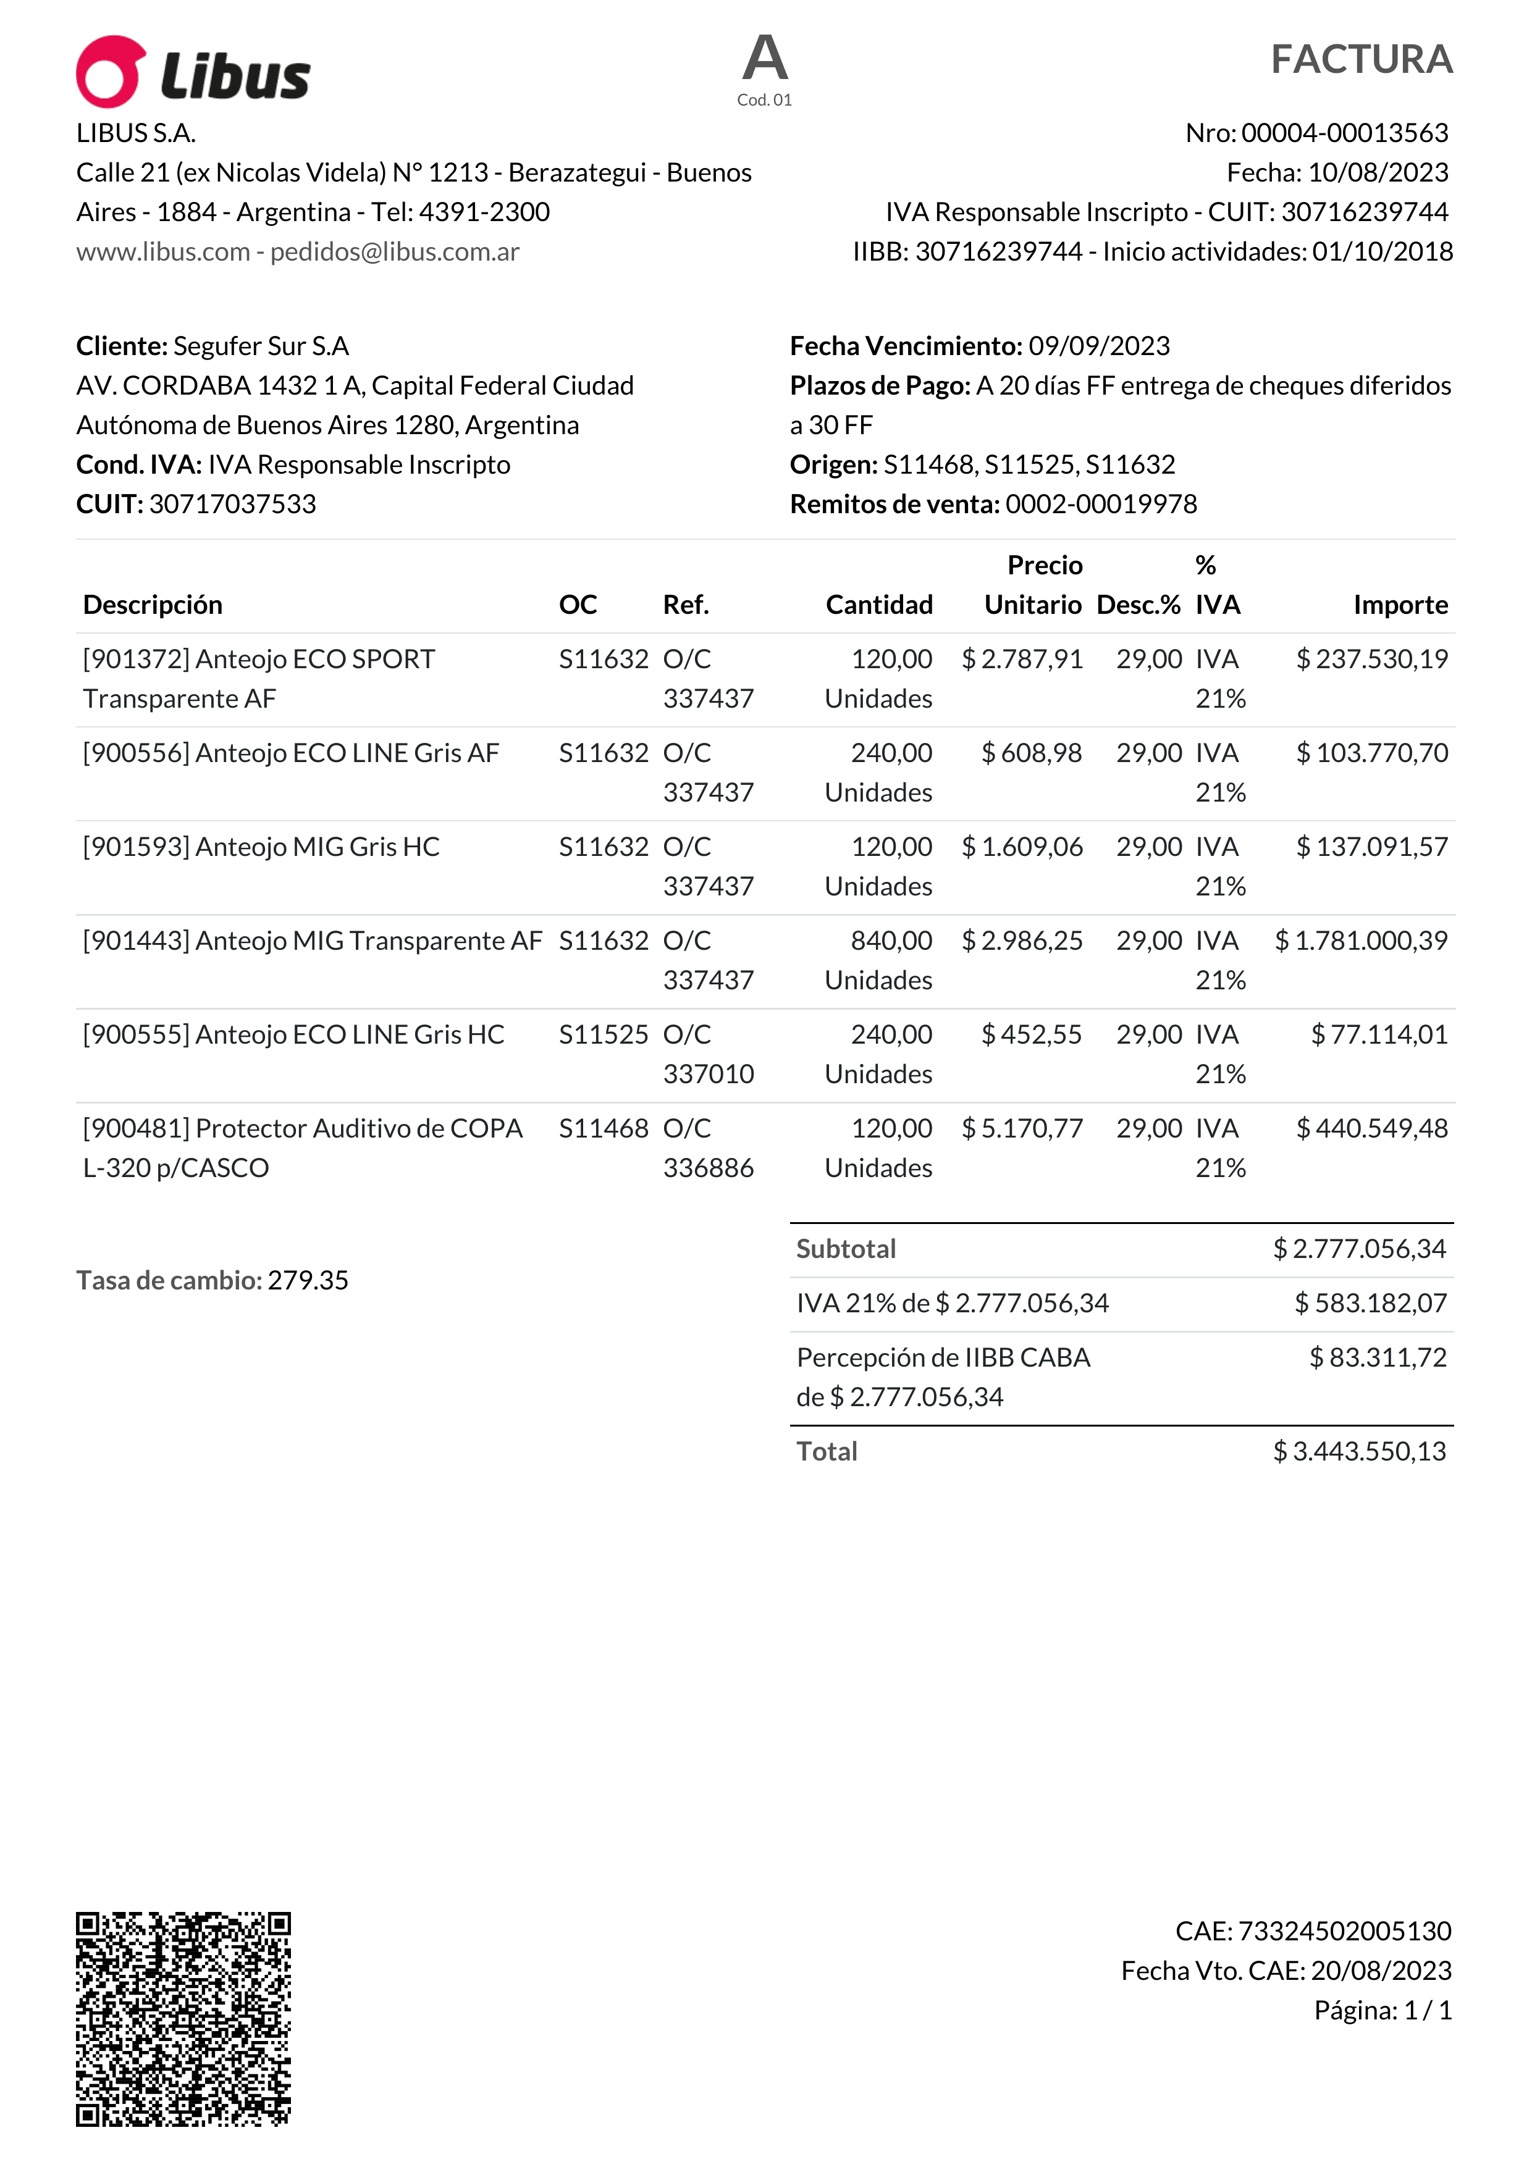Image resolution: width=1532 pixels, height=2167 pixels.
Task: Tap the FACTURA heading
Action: point(1360,59)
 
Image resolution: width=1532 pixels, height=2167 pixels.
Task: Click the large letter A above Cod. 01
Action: point(765,59)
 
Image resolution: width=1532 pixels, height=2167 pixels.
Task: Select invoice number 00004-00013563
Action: point(1344,133)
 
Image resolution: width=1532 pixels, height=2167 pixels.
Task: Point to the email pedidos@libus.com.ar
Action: point(395,252)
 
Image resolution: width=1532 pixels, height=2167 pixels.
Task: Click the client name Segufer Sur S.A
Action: point(261,346)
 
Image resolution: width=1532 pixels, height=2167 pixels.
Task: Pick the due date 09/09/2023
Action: point(1099,346)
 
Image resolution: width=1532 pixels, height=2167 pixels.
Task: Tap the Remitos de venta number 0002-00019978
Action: point(1101,504)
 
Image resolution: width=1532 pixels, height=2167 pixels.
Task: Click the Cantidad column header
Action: point(879,605)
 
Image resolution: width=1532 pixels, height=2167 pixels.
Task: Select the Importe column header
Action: point(1400,605)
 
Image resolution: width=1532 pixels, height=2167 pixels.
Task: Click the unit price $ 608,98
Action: point(1032,753)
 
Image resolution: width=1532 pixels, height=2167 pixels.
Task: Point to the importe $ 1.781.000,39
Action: point(1360,941)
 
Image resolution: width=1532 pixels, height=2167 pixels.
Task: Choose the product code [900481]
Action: point(137,1129)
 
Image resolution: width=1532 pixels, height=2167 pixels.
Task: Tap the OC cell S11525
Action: point(603,1036)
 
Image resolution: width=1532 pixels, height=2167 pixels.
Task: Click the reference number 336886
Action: point(708,1168)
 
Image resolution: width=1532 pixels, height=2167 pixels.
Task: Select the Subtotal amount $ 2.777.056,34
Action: point(1359,1249)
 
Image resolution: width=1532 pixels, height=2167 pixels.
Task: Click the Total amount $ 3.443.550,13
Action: point(1359,1452)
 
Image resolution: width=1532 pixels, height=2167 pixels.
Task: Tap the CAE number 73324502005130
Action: point(1344,1931)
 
